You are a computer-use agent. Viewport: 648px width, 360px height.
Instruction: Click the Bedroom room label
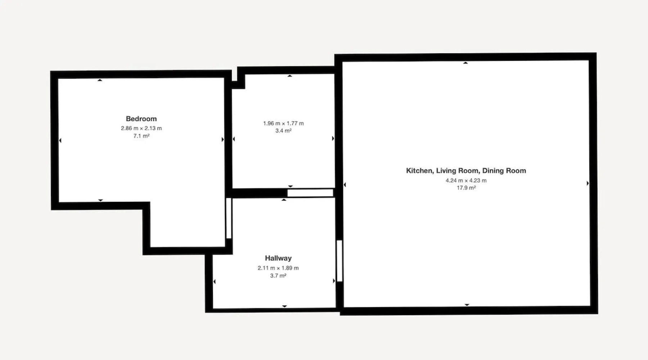coord(141,119)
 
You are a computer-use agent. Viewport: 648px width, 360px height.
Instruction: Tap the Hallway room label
coord(278,258)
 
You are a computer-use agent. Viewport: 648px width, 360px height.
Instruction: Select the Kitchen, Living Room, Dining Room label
coord(466,171)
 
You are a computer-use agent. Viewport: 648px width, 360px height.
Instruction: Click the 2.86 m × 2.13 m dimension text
coord(141,128)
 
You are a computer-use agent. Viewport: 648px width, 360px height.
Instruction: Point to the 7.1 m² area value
coord(141,136)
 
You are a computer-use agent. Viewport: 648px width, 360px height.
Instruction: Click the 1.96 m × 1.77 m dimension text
coord(283,123)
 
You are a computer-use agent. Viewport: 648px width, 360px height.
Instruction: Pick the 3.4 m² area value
coord(283,131)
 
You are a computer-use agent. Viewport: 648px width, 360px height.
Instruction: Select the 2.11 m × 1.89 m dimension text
coord(278,268)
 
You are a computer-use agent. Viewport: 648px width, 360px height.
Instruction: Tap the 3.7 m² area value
coord(278,276)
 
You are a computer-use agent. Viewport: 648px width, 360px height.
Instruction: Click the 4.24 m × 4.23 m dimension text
coord(466,180)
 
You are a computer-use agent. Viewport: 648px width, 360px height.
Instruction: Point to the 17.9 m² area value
coord(466,188)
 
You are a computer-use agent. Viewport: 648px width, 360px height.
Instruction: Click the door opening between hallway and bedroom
coord(229,218)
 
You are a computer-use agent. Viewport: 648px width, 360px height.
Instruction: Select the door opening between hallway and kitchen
coord(339,261)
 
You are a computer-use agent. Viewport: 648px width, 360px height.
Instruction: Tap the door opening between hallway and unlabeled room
coord(310,193)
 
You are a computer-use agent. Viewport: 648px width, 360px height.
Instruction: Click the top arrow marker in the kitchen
coord(465,63)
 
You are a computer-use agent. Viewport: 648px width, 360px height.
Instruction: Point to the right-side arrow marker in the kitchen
coord(588,183)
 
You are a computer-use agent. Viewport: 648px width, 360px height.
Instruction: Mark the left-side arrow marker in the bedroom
coord(60,140)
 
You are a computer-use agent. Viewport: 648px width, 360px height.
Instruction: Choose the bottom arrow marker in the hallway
coord(284,306)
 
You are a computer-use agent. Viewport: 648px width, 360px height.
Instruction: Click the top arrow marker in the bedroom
coord(100,80)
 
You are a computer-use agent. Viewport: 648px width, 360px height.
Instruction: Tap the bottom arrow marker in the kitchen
coord(467,305)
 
